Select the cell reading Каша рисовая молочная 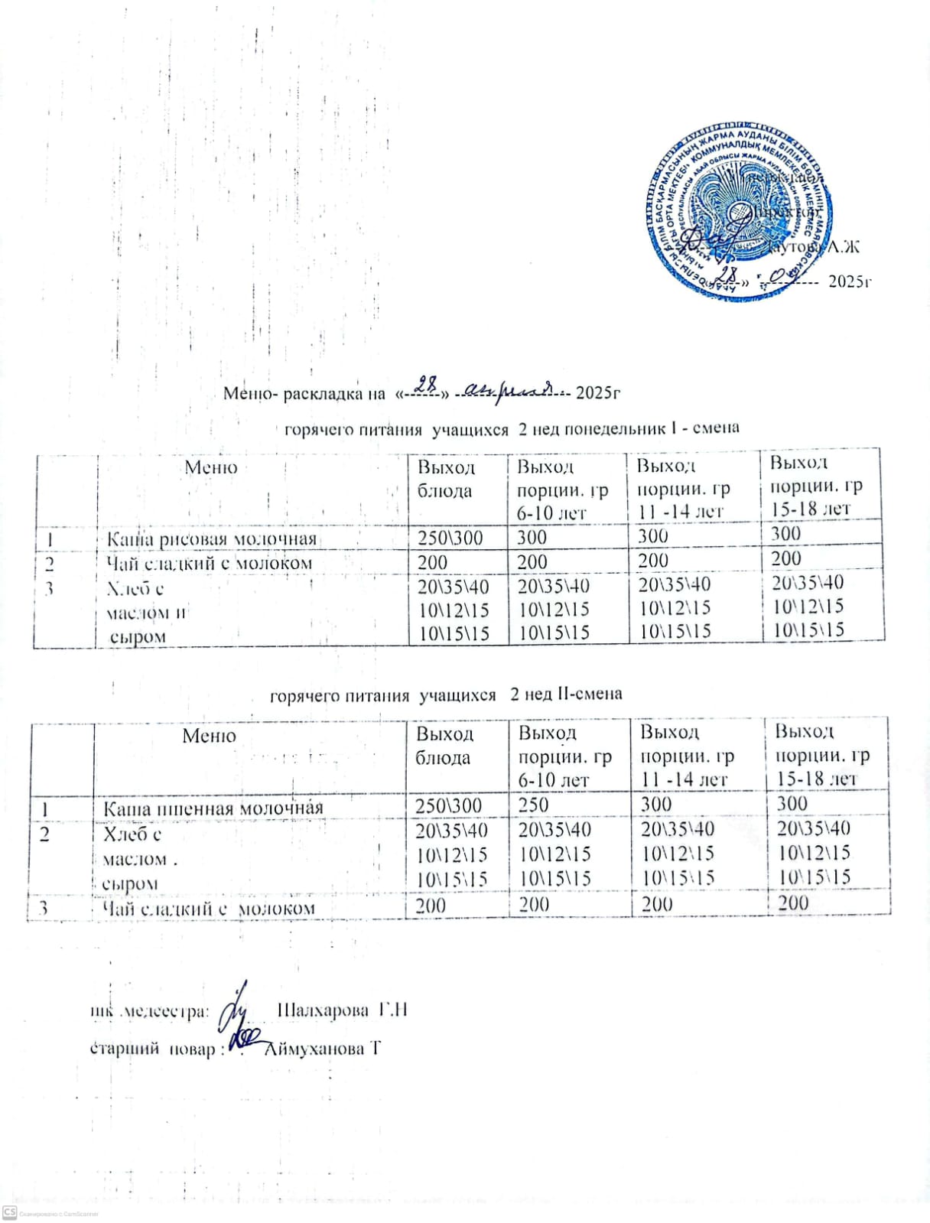tap(211, 539)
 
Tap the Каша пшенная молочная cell tap(213, 808)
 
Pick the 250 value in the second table tap(534, 805)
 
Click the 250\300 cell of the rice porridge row tap(450, 538)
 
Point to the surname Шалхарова tap(321, 1010)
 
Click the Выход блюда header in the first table tap(447, 479)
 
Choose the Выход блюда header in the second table tap(444, 746)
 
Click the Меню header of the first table tap(211, 467)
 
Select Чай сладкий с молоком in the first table tap(210, 564)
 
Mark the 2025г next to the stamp tap(850, 281)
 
